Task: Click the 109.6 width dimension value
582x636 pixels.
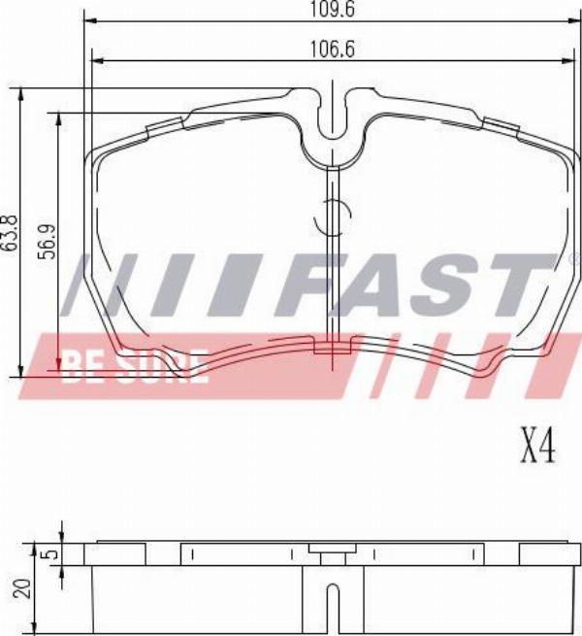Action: [x=332, y=9]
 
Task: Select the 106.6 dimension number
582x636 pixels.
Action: [x=332, y=50]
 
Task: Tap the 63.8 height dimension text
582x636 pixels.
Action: [x=11, y=236]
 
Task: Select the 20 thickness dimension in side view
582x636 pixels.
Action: [x=24, y=587]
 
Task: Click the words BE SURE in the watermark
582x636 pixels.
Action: [x=136, y=367]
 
